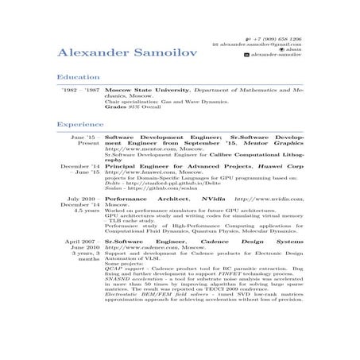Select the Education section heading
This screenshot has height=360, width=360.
77,77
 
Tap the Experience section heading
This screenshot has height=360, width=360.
79,125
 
